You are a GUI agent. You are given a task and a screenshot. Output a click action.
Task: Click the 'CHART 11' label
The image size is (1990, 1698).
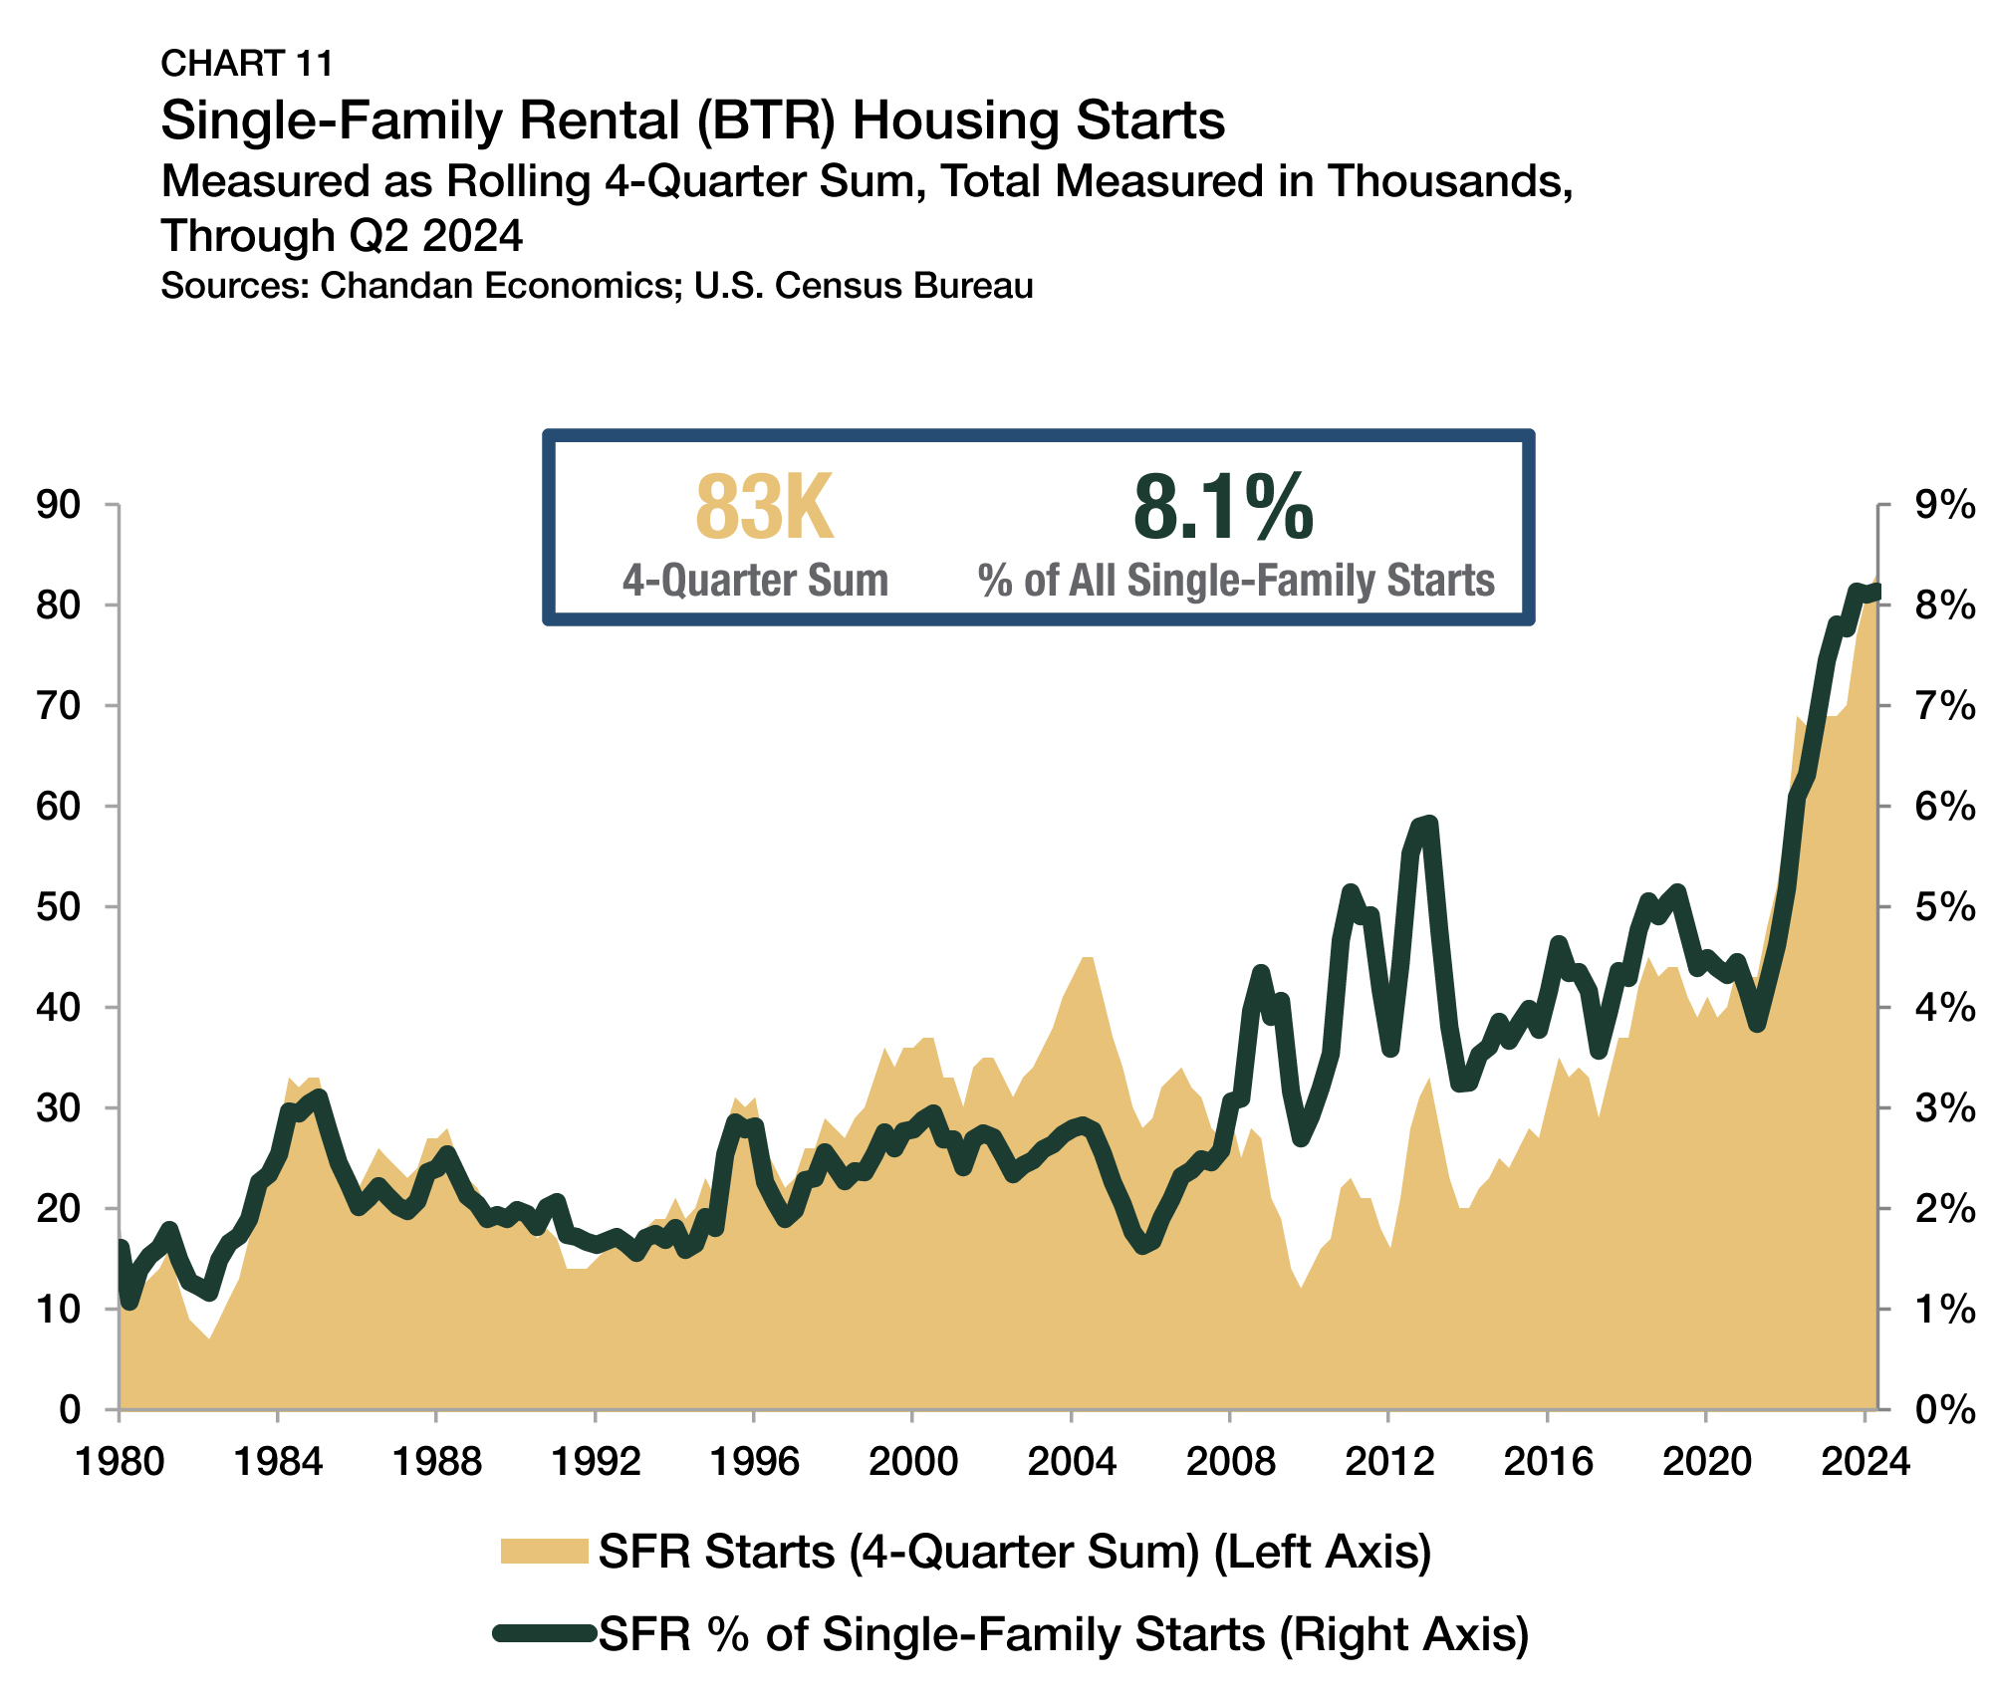point(246,63)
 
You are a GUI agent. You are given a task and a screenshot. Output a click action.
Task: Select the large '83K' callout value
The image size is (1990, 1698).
point(763,509)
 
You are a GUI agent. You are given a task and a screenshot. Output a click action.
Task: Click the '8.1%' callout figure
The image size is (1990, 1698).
point(1223,509)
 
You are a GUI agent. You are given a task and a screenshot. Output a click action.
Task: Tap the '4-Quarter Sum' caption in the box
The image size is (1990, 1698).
point(755,580)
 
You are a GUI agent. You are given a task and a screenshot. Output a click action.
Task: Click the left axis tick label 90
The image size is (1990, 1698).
point(57,505)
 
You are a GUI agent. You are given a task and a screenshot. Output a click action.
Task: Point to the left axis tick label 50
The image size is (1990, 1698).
point(57,906)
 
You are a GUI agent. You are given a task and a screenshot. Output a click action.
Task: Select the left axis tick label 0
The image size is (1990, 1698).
point(70,1409)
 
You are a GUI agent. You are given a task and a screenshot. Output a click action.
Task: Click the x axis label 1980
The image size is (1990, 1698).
point(120,1462)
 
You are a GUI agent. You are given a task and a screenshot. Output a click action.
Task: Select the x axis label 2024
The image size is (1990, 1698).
point(1865,1462)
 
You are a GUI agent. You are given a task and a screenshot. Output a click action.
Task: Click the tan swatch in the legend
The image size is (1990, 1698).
point(544,1551)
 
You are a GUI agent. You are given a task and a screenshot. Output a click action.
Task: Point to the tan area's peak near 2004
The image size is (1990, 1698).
point(1087,958)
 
